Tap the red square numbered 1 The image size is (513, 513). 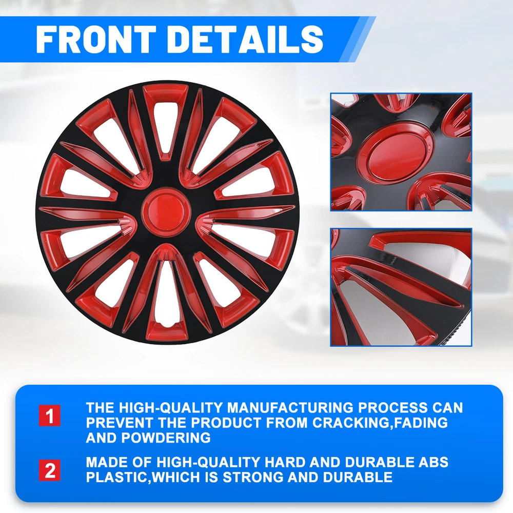[x=49, y=416]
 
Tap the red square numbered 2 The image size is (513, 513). [x=49, y=470]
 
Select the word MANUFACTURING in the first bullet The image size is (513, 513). [x=290, y=408]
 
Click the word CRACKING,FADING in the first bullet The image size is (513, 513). [x=380, y=423]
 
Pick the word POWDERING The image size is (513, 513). [x=166, y=438]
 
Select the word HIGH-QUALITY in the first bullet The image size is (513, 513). [x=170, y=408]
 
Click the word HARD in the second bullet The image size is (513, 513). [x=285, y=462]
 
